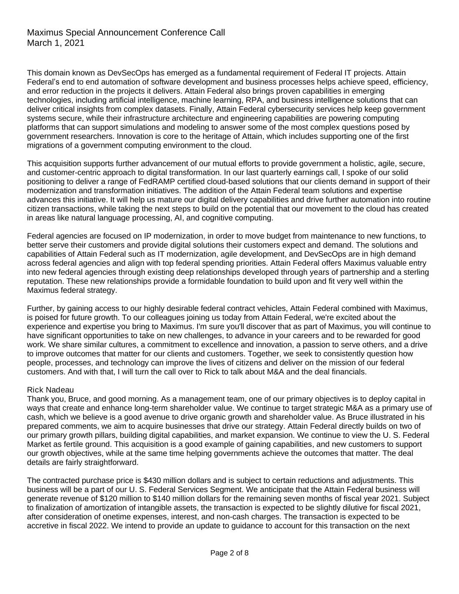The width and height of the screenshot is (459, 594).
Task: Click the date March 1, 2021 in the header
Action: tap(56, 43)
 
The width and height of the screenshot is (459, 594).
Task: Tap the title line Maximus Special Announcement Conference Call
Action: tap(126, 33)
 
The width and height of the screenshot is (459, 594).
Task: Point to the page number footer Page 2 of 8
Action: tap(229, 553)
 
